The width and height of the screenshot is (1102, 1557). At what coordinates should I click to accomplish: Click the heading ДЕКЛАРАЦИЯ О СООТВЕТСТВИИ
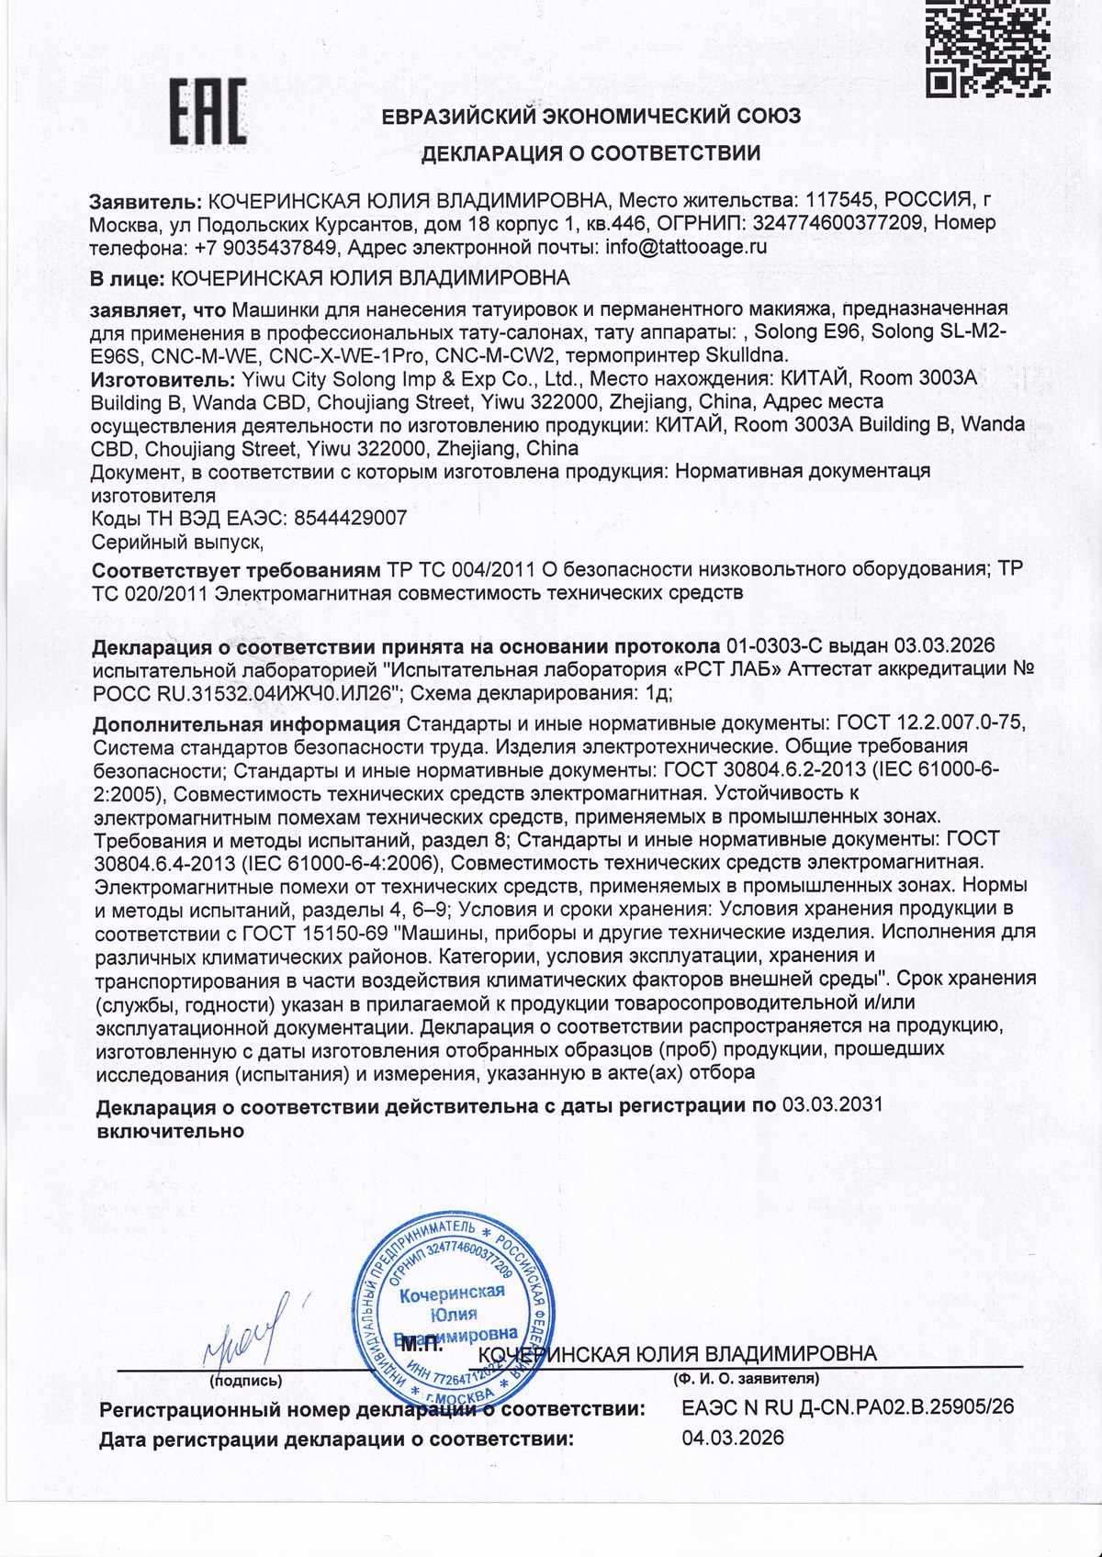tap(590, 153)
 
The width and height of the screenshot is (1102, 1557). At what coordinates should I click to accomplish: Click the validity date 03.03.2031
tap(831, 1105)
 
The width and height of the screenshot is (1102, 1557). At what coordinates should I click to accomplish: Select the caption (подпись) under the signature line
tap(246, 1380)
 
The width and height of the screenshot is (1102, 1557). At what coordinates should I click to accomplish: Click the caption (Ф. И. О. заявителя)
tap(745, 1379)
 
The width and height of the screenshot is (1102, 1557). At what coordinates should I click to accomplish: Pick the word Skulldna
tap(757, 354)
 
